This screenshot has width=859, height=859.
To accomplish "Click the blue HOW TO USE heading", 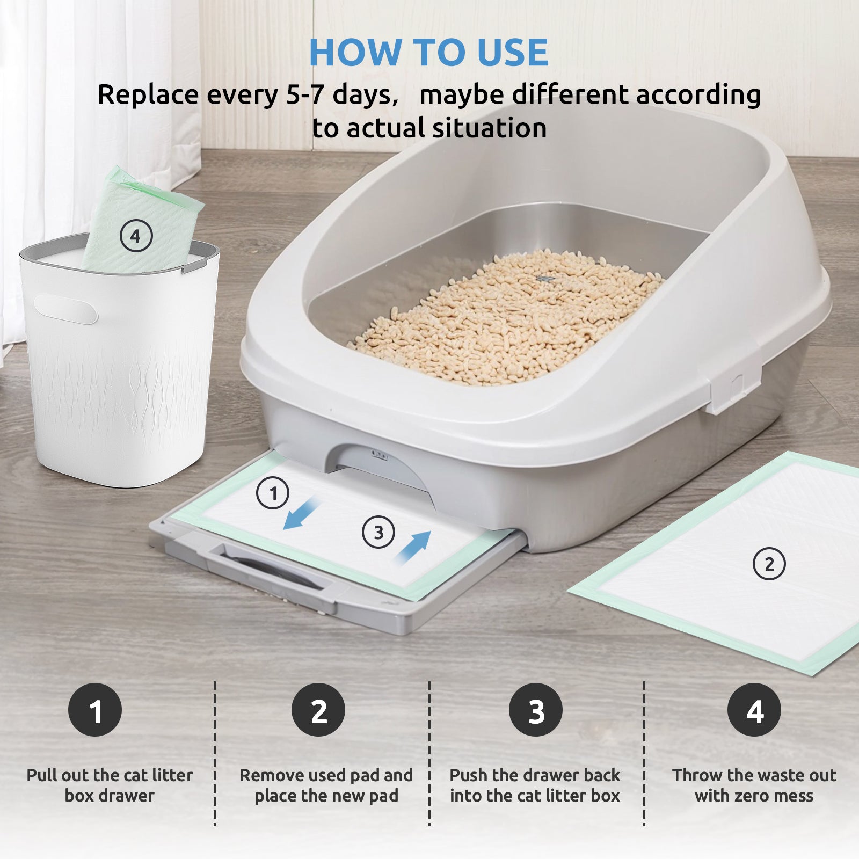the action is point(428,53).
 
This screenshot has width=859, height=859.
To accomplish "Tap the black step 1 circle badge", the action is point(95,710).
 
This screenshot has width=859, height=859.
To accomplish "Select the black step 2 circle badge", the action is point(318,710).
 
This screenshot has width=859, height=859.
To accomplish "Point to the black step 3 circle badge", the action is point(536,710).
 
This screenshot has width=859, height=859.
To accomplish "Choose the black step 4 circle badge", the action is point(754,710).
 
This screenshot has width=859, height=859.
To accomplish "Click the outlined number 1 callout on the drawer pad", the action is point(273,493).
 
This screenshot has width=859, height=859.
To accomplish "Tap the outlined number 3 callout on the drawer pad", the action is point(378,532).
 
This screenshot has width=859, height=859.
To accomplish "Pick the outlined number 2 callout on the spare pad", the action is point(769,564).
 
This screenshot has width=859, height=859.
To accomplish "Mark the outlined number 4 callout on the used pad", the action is point(136,236).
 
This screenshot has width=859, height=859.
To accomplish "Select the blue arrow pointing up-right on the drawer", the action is point(413,548).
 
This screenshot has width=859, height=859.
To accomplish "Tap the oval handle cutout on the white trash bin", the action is point(65,310).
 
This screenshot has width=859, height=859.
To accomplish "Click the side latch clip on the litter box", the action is point(734,387).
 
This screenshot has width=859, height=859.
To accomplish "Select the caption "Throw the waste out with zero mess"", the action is point(754,785).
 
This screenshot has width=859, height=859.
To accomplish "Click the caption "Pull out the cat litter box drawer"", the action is point(110,785).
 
